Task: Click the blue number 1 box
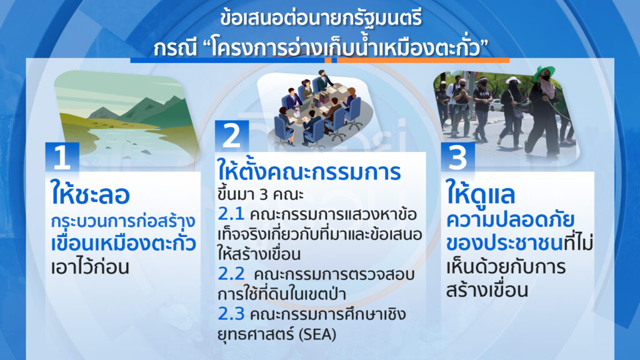(62, 157)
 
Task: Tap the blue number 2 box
(232, 136)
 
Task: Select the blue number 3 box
(457, 157)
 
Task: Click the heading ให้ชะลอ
(90, 194)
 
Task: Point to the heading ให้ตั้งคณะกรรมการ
(309, 171)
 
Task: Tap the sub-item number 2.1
(231, 214)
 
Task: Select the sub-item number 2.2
(231, 274)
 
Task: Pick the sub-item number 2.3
(231, 314)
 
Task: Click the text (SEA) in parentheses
(317, 334)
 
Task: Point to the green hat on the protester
(543, 72)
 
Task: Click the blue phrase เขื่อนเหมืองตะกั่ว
(123, 243)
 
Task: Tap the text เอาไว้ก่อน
(90, 267)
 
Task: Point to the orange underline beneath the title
(423, 61)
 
